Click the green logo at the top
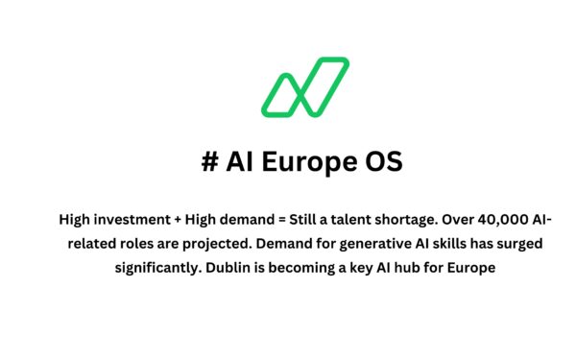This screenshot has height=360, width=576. pyautogui.click(x=306, y=86)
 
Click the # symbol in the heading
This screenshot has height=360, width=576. pyautogui.click(x=209, y=162)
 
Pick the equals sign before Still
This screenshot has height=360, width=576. pyautogui.click(x=279, y=220)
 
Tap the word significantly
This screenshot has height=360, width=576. pyautogui.click(x=158, y=268)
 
